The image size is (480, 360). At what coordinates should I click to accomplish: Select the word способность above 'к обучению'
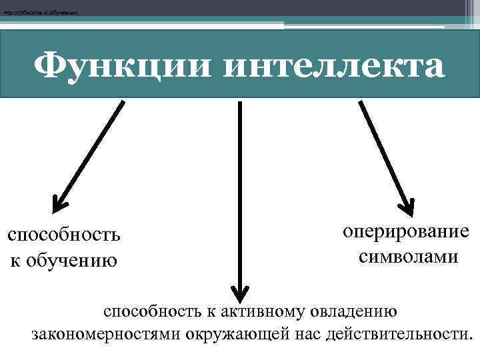pos(63,235)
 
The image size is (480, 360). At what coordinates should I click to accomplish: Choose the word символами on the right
pos(408,256)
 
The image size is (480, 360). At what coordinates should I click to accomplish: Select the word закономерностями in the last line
pos(103,333)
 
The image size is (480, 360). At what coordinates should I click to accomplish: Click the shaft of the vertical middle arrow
pos(239,193)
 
